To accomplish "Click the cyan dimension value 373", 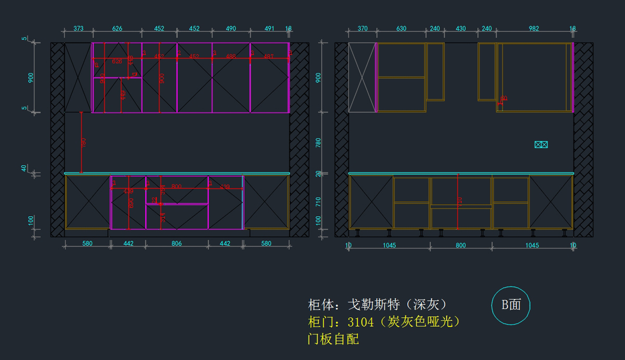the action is click(x=79, y=29).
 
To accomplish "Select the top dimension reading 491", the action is click(x=269, y=29).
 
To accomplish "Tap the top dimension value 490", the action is click(x=231, y=29).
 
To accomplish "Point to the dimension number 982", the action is click(x=534, y=29).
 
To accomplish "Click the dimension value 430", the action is click(x=461, y=29).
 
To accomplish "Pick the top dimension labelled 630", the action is click(x=401, y=29).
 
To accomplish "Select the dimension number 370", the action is click(x=362, y=29).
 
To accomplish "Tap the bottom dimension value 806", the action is click(x=177, y=243).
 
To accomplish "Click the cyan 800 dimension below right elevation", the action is click(x=460, y=245).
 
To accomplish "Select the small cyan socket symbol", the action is click(x=541, y=145).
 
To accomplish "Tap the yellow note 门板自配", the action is click(x=333, y=340).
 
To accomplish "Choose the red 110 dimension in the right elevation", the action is click(x=460, y=202).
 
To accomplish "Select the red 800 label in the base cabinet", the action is click(x=177, y=186).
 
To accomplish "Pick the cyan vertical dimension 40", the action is click(x=24, y=168).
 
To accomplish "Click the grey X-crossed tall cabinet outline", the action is click(x=362, y=78).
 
